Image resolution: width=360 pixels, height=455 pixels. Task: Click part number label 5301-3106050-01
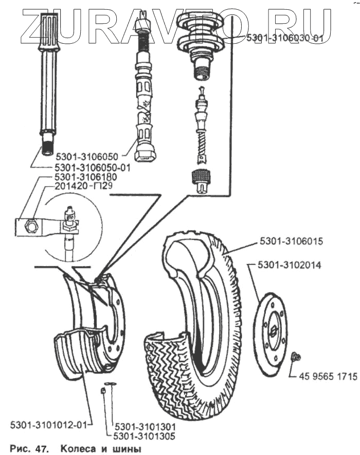(x=93, y=167)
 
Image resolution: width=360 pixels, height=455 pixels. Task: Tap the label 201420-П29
(x=83, y=186)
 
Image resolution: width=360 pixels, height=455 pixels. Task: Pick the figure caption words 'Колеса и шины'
(x=100, y=449)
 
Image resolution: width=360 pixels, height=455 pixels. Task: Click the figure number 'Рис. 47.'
(x=30, y=449)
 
